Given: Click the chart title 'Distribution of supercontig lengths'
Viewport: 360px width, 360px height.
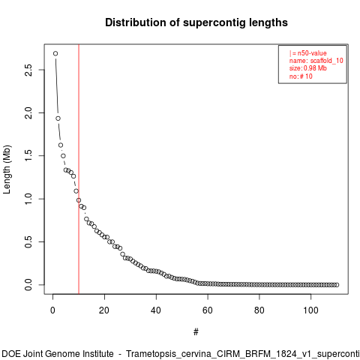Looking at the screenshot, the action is [196, 22].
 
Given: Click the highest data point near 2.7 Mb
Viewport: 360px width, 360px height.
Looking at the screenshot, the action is [55, 53].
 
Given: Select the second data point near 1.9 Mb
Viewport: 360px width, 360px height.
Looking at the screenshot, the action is [58, 118].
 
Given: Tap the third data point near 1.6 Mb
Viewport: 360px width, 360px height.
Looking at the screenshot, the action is [61, 145].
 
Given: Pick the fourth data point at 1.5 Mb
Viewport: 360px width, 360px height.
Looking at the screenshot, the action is [63, 156].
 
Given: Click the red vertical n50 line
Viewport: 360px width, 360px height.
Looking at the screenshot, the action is [79, 169].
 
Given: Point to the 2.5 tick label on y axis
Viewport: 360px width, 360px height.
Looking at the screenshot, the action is [28, 70].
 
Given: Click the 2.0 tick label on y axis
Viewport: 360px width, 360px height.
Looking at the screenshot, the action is [28, 113].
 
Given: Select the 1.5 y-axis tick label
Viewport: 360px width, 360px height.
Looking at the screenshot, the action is [28, 156].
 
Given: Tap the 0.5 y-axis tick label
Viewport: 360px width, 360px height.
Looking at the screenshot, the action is [28, 242].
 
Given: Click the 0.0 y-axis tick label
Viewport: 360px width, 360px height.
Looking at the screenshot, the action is [28, 285].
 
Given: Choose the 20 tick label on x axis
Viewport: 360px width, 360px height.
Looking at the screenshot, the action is [104, 310].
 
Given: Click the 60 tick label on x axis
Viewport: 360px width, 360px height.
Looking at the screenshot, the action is [208, 310].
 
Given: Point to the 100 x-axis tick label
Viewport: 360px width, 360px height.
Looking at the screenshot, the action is [310, 310].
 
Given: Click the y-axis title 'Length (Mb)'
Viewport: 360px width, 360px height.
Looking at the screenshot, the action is [7, 169].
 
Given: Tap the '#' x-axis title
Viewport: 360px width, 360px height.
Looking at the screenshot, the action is [196, 332].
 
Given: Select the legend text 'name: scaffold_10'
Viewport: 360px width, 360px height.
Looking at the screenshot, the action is [316, 61].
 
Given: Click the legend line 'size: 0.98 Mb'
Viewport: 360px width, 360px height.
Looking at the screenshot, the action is [308, 68].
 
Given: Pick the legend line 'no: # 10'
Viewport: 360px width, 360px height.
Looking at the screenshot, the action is [301, 76].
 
